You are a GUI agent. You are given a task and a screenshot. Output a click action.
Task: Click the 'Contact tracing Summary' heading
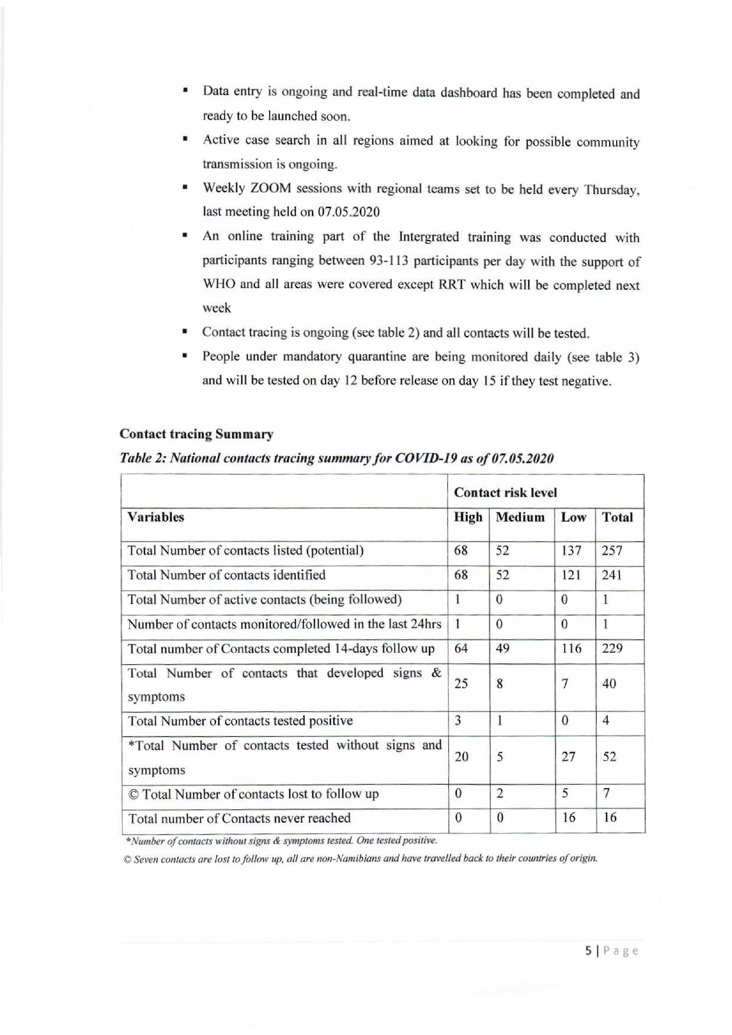pyautogui.click(x=196, y=434)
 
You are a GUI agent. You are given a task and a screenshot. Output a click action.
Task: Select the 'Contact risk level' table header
pyautogui.click(x=505, y=492)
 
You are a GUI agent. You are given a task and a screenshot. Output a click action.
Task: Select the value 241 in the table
pyautogui.click(x=612, y=575)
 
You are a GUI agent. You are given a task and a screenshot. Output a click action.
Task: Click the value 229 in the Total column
pyautogui.click(x=612, y=649)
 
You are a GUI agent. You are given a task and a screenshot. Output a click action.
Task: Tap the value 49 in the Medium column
pyautogui.click(x=502, y=649)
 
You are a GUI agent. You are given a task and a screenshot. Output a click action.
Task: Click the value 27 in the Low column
pyautogui.click(x=568, y=757)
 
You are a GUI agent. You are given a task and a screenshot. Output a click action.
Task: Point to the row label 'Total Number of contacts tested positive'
pyautogui.click(x=240, y=721)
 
